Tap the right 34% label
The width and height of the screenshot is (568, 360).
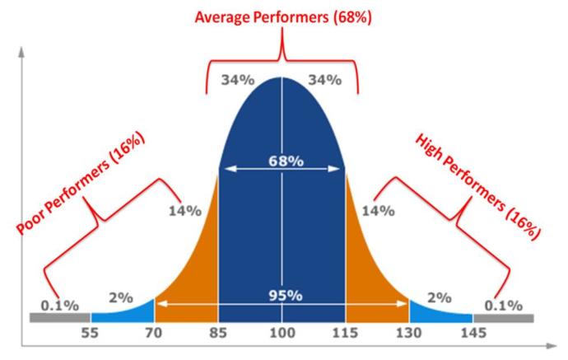[324, 80]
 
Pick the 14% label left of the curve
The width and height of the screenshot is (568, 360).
[184, 210]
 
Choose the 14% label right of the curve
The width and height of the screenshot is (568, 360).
[379, 210]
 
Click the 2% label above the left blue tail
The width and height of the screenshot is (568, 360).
[121, 297]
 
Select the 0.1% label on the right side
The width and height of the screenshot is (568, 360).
[503, 306]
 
